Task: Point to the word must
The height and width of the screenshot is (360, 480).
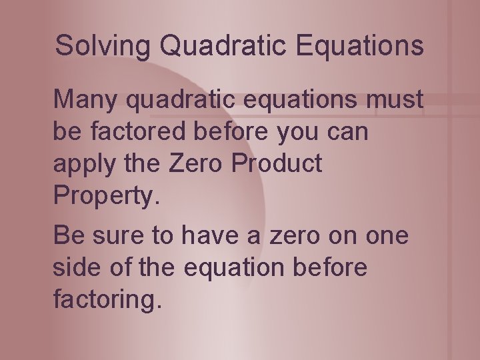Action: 395,100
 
